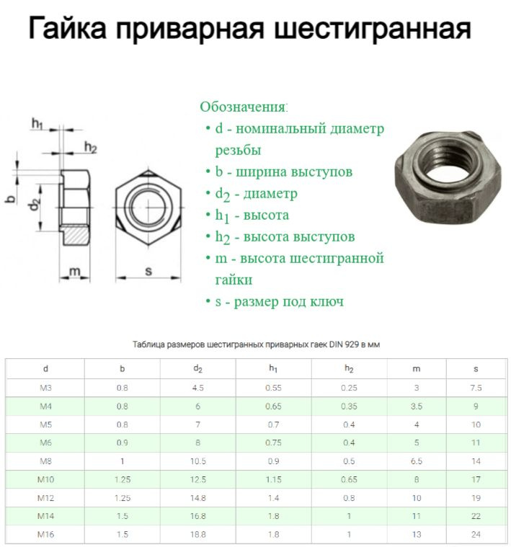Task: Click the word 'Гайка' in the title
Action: click(68, 29)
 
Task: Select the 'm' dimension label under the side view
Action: click(73, 271)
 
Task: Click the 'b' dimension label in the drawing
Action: click(10, 196)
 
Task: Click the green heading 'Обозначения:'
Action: click(244, 107)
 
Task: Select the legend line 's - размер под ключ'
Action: click(280, 301)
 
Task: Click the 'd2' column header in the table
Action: click(197, 369)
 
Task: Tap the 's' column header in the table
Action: click(476, 369)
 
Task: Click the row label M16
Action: click(45, 535)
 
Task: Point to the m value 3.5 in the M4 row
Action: click(417, 406)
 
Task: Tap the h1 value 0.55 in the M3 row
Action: click(273, 388)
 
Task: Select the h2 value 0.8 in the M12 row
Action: click(349, 498)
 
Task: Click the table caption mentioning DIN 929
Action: click(257, 344)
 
